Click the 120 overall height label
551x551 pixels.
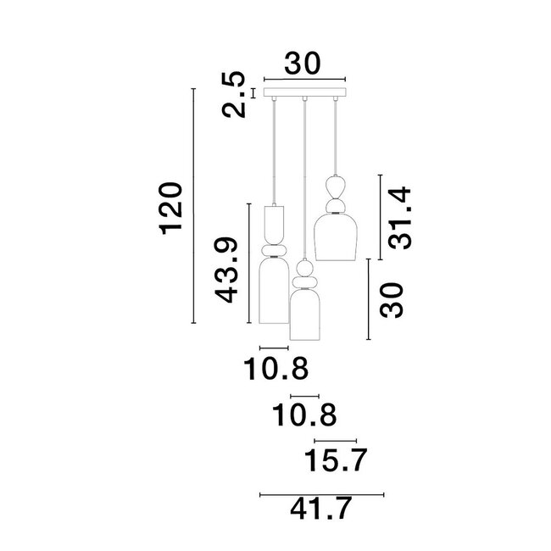click(x=172, y=209)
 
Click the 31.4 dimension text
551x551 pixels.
click(x=399, y=219)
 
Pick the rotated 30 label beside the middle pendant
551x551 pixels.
click(x=391, y=300)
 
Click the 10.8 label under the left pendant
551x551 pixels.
click(x=275, y=369)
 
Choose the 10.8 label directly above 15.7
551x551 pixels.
click(x=304, y=415)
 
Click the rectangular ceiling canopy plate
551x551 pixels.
click(x=305, y=92)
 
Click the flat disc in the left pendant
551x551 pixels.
click(x=274, y=252)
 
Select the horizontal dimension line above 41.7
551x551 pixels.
click(x=321, y=494)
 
